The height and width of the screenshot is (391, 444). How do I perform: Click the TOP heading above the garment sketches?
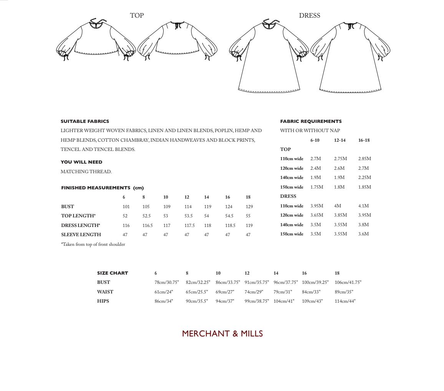tap(137, 15)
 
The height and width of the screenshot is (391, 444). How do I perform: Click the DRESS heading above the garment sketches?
tap(309, 15)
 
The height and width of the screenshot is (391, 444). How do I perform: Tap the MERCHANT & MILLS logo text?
tap(222, 333)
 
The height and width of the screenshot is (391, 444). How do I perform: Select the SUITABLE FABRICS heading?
tap(84, 121)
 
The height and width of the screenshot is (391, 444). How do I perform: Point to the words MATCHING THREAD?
tap(86, 172)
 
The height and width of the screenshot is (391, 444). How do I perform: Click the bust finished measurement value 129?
tap(249, 207)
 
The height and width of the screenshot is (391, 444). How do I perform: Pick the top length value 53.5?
tap(188, 216)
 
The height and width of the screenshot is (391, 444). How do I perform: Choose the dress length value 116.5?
tap(147, 225)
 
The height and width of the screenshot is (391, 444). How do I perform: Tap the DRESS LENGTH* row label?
tap(80, 225)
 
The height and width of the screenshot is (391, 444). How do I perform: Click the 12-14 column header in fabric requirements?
tap(340, 140)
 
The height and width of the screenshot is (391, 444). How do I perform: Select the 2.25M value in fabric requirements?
tap(364, 177)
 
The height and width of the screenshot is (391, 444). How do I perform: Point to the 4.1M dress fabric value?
tap(363, 206)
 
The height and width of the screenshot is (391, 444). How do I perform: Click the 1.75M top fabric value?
tap(316, 187)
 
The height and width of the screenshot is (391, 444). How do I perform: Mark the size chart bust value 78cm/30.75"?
tap(167, 282)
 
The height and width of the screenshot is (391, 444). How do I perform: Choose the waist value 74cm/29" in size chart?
tap(254, 292)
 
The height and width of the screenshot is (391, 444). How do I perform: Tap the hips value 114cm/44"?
tap(345, 301)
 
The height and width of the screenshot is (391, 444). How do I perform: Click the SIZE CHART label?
tap(113, 273)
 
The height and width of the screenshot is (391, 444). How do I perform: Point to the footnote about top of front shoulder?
tap(93, 244)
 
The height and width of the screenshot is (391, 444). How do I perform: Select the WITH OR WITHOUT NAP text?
tap(310, 131)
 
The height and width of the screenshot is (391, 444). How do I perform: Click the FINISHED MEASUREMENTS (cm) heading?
tap(102, 188)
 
